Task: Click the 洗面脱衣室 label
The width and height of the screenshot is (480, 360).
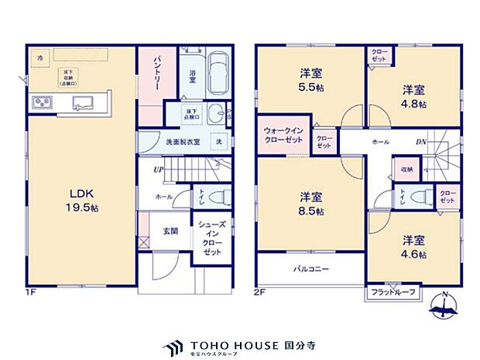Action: click(183, 142)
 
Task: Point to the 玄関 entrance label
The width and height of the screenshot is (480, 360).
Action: click(170, 231)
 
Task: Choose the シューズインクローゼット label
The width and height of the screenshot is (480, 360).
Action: click(211, 238)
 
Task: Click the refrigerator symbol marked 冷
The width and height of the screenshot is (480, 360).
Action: click(39, 58)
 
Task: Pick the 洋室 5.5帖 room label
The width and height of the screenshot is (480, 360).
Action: click(311, 81)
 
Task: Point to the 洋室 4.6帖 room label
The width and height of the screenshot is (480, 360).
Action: click(412, 247)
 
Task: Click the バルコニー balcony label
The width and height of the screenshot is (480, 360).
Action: click(310, 270)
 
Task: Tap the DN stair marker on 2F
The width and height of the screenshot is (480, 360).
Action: click(420, 142)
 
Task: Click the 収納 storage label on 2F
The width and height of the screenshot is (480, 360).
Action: click(407, 168)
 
